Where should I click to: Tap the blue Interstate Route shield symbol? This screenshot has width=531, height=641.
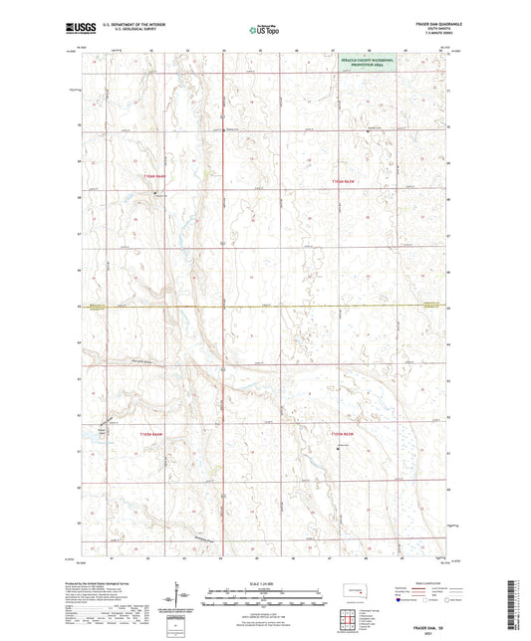point(399,601)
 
